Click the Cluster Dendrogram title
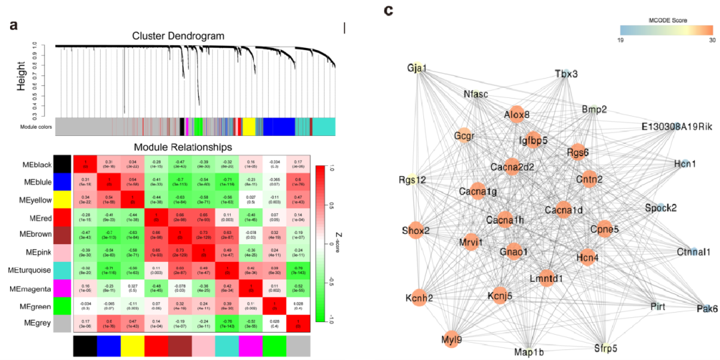(x=178, y=35)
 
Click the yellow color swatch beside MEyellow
(x=62, y=200)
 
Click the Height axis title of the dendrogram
(x=23, y=76)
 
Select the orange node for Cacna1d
(x=563, y=210)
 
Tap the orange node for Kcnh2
(x=416, y=297)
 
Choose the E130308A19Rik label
(x=675, y=127)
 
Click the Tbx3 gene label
(x=566, y=74)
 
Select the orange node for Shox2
(x=415, y=231)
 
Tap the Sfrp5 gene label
(x=606, y=347)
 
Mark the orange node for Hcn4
(x=587, y=257)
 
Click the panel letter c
(x=389, y=11)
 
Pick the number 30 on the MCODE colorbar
(x=711, y=41)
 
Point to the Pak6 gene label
(x=707, y=309)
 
